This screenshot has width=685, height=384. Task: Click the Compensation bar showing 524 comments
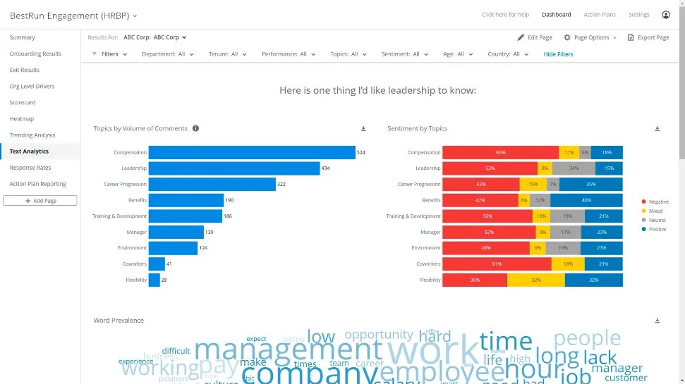click(x=252, y=152)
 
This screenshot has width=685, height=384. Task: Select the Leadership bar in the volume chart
click(x=234, y=168)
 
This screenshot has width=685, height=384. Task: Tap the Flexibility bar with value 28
click(x=154, y=280)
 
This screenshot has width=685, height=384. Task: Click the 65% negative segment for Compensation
click(x=500, y=152)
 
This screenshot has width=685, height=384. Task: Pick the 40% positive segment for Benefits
click(x=586, y=200)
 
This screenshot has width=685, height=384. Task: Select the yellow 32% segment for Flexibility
click(x=535, y=280)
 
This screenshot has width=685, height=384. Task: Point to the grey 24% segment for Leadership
click(x=574, y=168)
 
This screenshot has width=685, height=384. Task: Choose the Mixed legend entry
click(x=653, y=211)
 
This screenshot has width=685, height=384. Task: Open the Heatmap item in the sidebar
click(x=22, y=119)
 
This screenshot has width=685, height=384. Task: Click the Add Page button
click(x=40, y=201)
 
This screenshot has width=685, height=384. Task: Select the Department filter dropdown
click(x=168, y=54)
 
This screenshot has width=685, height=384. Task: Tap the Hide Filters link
click(x=558, y=54)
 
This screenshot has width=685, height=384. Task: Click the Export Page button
click(x=648, y=37)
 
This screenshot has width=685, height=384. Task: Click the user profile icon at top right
click(x=666, y=15)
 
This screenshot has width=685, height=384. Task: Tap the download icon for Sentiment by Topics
click(x=657, y=129)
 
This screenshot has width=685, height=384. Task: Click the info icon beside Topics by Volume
click(x=195, y=129)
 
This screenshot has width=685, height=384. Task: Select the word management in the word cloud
click(x=288, y=349)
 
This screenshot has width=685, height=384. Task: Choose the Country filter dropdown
click(x=508, y=54)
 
